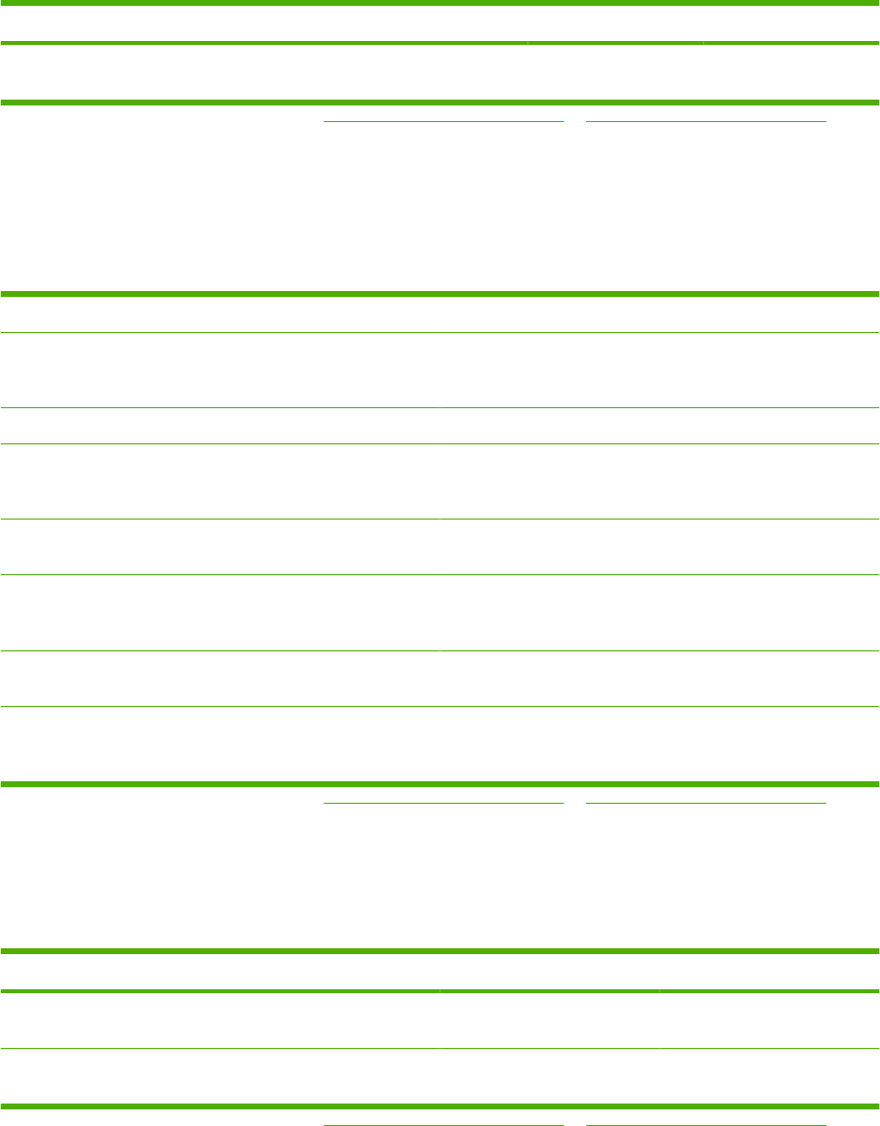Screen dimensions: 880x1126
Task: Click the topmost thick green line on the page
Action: (440, 4)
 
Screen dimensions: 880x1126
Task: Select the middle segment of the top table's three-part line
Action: (614, 44)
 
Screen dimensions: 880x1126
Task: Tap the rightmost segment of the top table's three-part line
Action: (791, 44)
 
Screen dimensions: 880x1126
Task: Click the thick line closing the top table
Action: (440, 102)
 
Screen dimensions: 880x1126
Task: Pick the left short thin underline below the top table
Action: (444, 121)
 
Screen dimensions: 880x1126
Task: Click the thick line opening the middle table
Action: (440, 293)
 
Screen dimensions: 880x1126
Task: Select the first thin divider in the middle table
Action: (440, 333)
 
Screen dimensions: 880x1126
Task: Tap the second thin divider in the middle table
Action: (440, 407)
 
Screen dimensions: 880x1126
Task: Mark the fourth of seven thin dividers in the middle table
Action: (440, 519)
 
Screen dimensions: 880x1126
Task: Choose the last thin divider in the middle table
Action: (440, 706)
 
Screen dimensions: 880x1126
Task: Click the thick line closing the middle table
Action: (440, 783)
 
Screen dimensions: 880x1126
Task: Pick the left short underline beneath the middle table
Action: (444, 803)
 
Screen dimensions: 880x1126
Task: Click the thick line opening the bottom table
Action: (440, 951)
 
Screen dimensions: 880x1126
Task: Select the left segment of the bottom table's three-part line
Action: (220, 991)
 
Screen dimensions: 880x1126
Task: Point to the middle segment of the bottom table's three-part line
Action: (549, 991)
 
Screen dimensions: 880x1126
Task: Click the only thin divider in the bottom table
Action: (440, 1049)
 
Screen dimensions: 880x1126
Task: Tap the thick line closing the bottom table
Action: (440, 1106)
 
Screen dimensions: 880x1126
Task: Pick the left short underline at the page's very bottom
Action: (444, 1124)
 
